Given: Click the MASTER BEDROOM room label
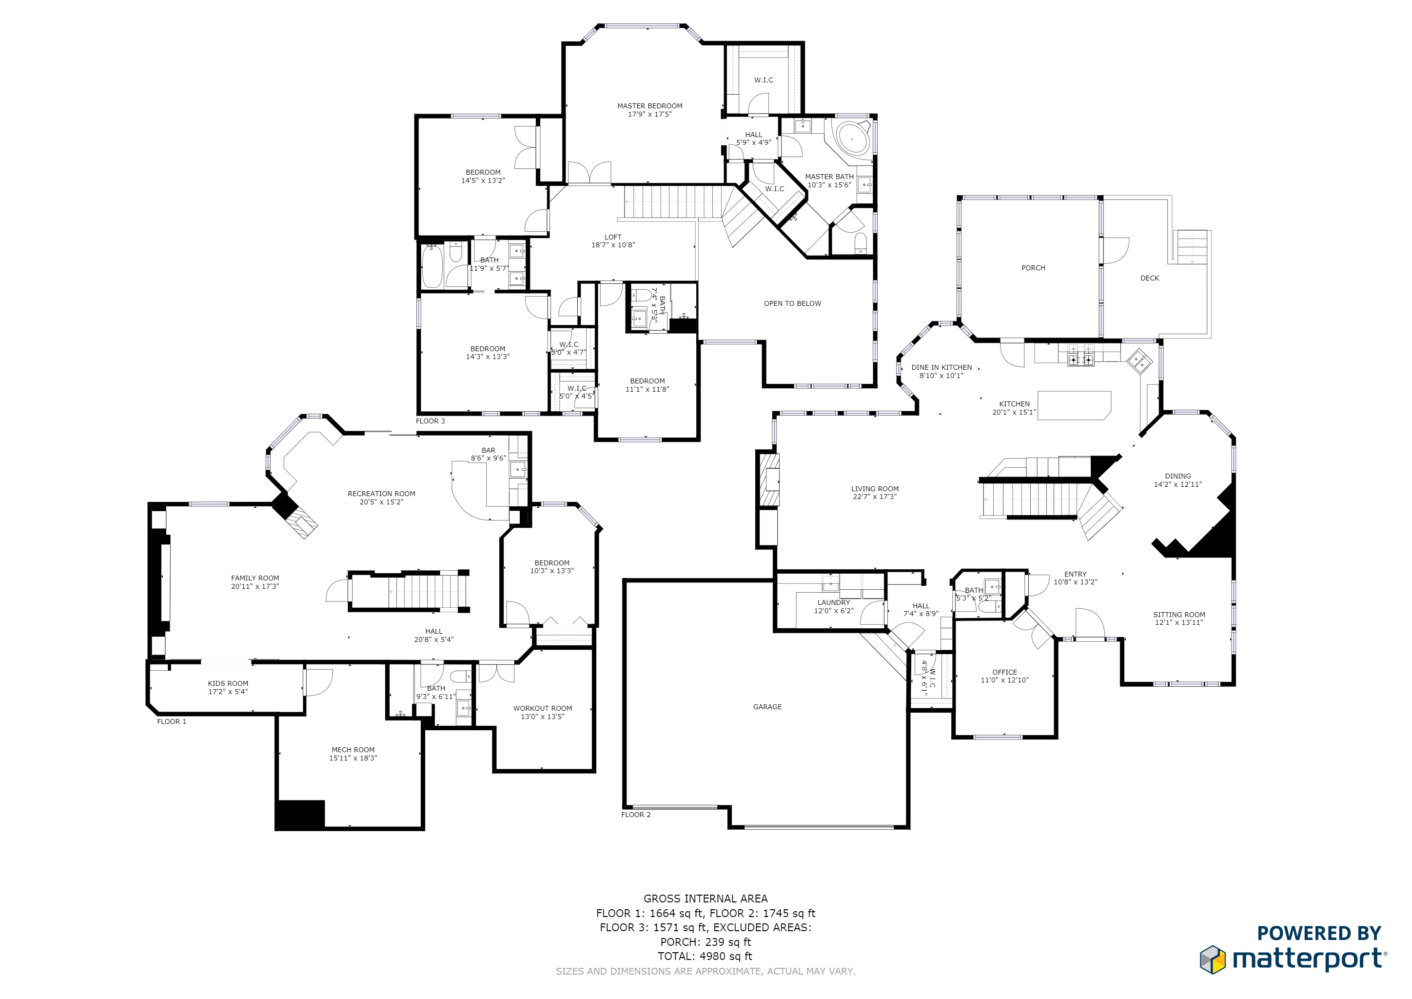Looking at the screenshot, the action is point(649,106).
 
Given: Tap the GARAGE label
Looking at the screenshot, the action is point(767,707).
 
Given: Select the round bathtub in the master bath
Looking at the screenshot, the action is point(852,139).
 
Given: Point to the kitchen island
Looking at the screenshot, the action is point(1075,405).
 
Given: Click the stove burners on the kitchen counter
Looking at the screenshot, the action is point(1080,359).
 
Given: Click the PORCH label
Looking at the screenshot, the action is point(1033,268).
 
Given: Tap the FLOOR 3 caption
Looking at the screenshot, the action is point(430,421).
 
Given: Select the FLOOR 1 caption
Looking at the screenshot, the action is point(171,721).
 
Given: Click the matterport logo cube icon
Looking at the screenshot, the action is point(1212,959).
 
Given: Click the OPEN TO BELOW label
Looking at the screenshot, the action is point(792,303).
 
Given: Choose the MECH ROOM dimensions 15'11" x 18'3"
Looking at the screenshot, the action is point(353,758).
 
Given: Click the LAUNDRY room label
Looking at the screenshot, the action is point(833,602).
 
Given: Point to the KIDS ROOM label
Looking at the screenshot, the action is point(228,683).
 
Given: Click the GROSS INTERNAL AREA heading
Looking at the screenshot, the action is point(706,898).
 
